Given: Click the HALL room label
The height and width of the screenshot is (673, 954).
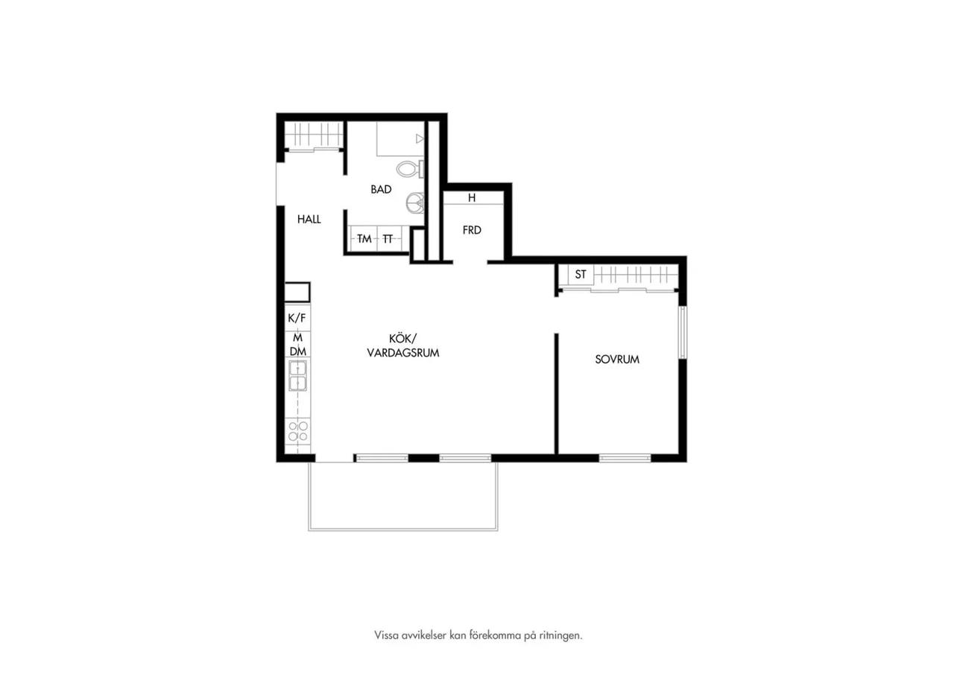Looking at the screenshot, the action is coord(309,219).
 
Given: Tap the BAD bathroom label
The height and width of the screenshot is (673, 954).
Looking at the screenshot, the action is coord(381,189).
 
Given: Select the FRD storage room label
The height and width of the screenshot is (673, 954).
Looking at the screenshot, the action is coord(472,230).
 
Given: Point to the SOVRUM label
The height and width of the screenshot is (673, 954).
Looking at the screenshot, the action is coord(617,360).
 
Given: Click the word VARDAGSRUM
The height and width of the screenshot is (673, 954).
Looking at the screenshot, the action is coord(403,353).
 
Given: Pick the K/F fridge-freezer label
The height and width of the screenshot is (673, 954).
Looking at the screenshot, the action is coord(297,318).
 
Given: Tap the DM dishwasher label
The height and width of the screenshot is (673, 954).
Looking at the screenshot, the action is coord(297,351).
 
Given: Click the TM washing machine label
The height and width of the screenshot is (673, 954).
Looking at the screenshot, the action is coord(364,239).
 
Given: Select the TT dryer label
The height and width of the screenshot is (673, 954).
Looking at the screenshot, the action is coord(387,239).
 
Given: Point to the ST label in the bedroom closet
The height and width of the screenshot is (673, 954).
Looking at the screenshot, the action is coord(581,275).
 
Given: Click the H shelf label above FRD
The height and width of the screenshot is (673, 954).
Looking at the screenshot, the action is coord(472,198).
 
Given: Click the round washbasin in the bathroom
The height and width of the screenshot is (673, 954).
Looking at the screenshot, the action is coord(415,203).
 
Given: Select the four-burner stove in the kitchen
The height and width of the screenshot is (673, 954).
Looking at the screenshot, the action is coord(297,431).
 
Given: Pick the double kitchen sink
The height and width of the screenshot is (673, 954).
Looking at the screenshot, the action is coord(297,376).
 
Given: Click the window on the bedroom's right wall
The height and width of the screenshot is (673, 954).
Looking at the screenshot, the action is coord(682,332).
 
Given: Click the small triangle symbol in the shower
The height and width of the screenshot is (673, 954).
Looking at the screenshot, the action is coord(420,138).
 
